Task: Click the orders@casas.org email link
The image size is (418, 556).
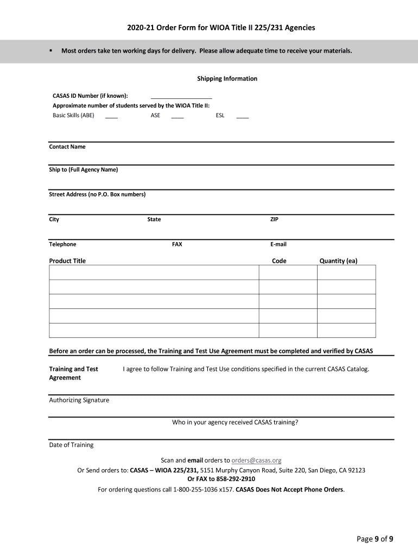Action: tap(256, 460)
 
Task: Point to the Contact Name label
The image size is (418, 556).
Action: tap(67, 147)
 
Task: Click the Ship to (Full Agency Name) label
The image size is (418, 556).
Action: tap(83, 169)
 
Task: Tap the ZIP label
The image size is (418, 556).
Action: tap(274, 219)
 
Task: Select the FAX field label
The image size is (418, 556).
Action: tap(177, 244)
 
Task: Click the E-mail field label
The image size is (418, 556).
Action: tap(278, 244)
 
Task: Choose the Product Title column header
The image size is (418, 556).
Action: tap(67, 261)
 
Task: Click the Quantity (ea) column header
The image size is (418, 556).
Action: tap(338, 261)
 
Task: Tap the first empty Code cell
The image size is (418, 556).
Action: tap(288, 272)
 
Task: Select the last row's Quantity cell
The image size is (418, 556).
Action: tap(346, 330)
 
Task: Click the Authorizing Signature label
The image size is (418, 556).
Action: tap(79, 400)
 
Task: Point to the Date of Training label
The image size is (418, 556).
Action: tap(71, 445)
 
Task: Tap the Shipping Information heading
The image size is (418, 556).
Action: tap(227, 79)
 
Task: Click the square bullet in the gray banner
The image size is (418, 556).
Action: tap(49, 51)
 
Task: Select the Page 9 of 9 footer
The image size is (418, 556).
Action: tap(375, 539)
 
